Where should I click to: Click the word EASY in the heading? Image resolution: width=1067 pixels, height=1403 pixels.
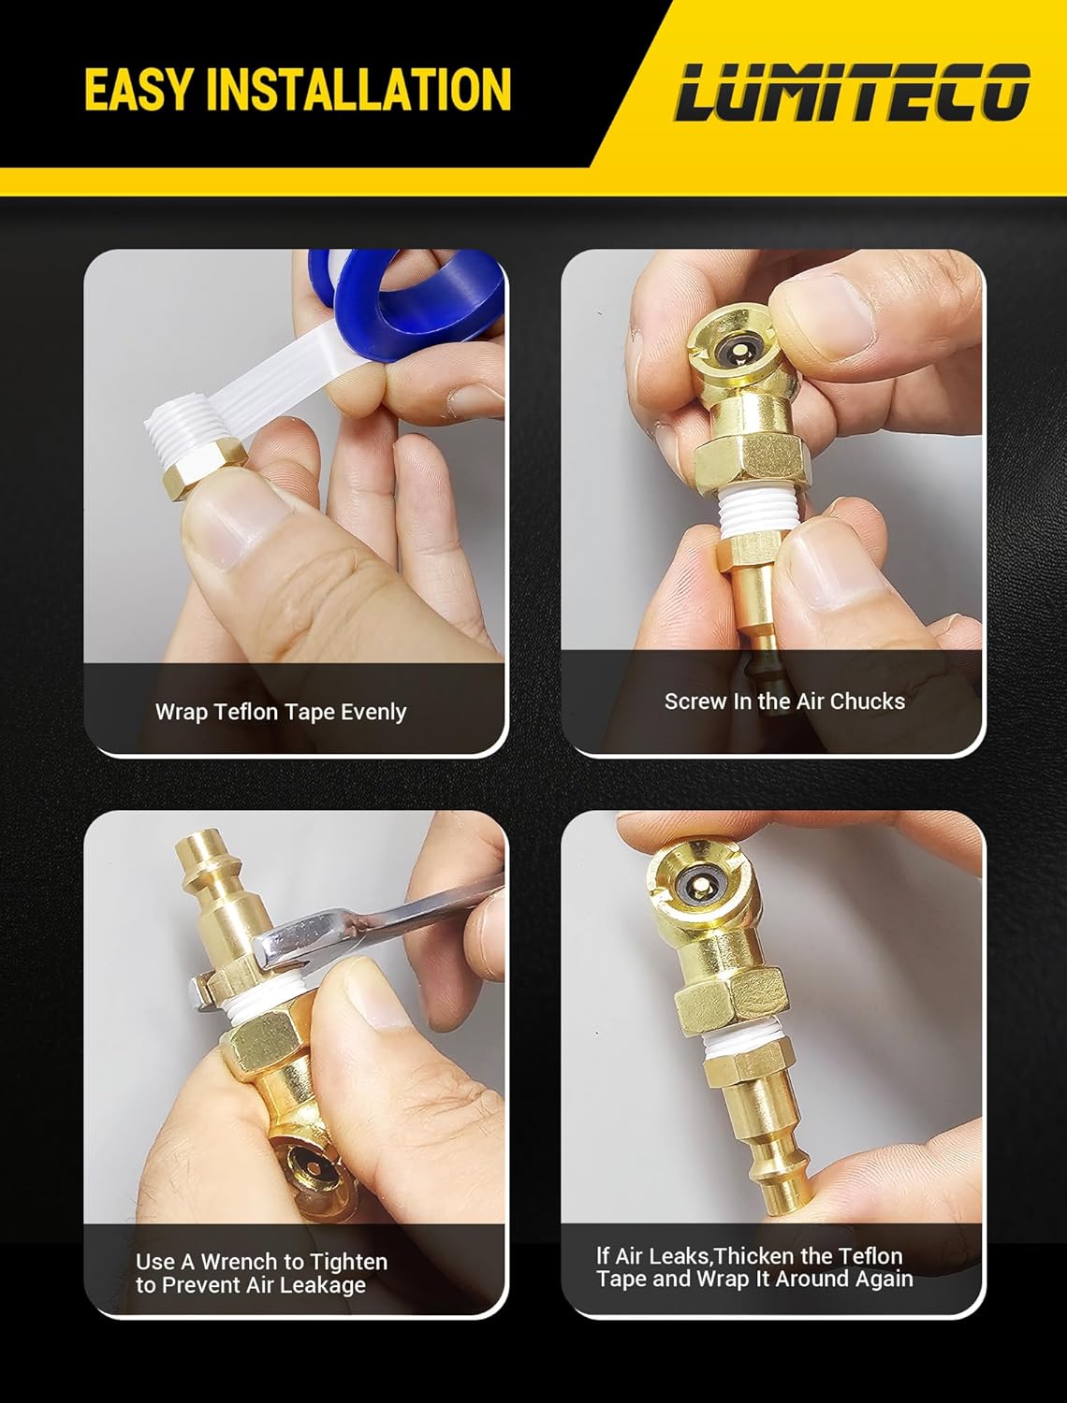[139, 89]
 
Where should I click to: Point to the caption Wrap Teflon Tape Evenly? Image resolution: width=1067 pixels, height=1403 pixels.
[281, 712]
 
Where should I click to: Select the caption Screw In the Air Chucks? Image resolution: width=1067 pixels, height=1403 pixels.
[784, 701]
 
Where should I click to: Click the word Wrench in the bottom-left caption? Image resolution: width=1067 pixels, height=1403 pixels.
[239, 1262]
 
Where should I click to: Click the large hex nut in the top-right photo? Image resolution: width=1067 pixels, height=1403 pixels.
[753, 461]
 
